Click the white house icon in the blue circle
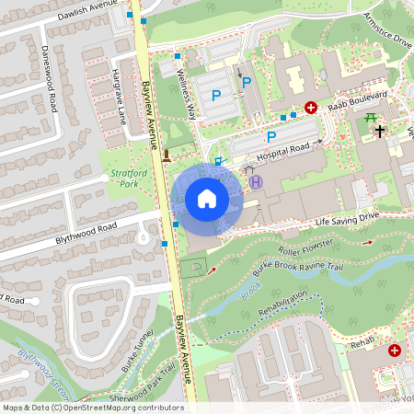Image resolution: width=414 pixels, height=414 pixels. pos(207,199)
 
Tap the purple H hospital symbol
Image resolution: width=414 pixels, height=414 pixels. pos(257,182)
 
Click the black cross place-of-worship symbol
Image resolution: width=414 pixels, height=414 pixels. pos(378,132)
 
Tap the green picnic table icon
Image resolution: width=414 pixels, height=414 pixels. pos(371,117)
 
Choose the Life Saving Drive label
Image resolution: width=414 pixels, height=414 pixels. pos(347,218)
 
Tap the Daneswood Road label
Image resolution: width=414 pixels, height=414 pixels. pos(51,65)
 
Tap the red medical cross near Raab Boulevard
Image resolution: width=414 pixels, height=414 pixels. pos(311,108)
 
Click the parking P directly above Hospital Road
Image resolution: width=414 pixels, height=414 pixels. pos(271,137)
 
